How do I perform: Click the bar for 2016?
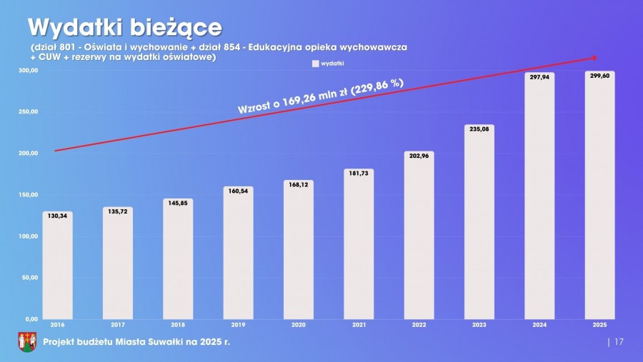[57, 266]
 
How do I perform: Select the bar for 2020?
[298, 249]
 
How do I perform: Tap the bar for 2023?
[479, 222]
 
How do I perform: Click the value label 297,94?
[539, 76]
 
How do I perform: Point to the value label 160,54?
[238, 191]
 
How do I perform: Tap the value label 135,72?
[117, 211]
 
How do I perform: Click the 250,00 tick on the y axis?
[29, 112]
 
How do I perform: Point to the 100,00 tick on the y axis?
[29, 236]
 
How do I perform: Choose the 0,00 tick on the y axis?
[31, 319]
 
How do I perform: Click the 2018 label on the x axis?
[178, 326]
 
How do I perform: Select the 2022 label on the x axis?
[419, 326]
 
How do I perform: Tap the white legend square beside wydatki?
[314, 64]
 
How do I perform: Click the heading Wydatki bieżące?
[124, 27]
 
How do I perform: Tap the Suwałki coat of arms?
[26, 342]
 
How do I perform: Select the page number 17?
[619, 342]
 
